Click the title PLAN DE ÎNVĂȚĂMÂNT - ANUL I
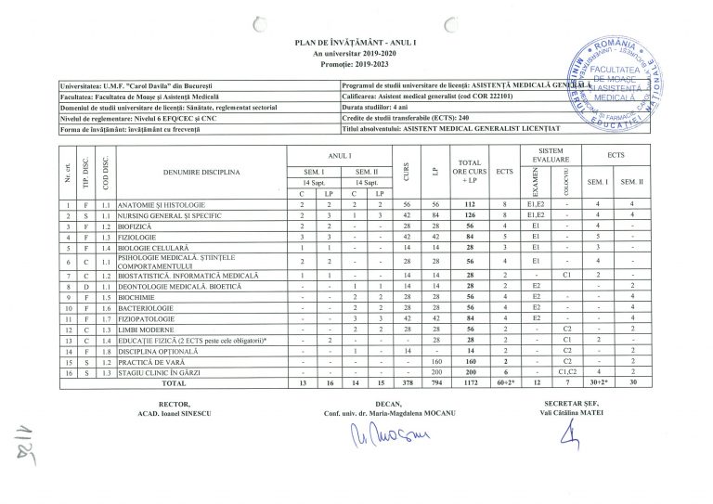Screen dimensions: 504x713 coord(356,44)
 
